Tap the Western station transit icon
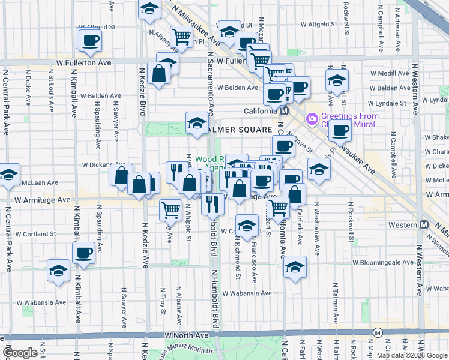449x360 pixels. click(x=424, y=224)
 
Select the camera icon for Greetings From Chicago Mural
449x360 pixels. click(x=312, y=119)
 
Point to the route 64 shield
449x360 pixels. click(x=377, y=332)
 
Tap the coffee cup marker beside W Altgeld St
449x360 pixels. click(x=90, y=40)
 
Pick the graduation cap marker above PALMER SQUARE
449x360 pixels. click(x=196, y=123)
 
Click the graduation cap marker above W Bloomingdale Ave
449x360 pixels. click(x=295, y=267)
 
